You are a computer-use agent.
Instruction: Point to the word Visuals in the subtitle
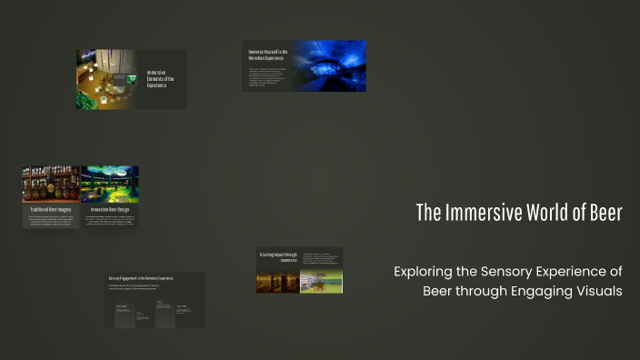pos(595,291)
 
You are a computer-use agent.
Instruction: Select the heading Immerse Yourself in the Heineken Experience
pos(268,55)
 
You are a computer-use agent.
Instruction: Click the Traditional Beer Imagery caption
pos(51,209)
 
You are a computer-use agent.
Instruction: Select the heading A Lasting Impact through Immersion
pos(277,257)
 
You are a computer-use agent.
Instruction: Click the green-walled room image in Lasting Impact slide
pos(321,282)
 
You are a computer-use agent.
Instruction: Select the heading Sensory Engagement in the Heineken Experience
pos(141,277)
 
